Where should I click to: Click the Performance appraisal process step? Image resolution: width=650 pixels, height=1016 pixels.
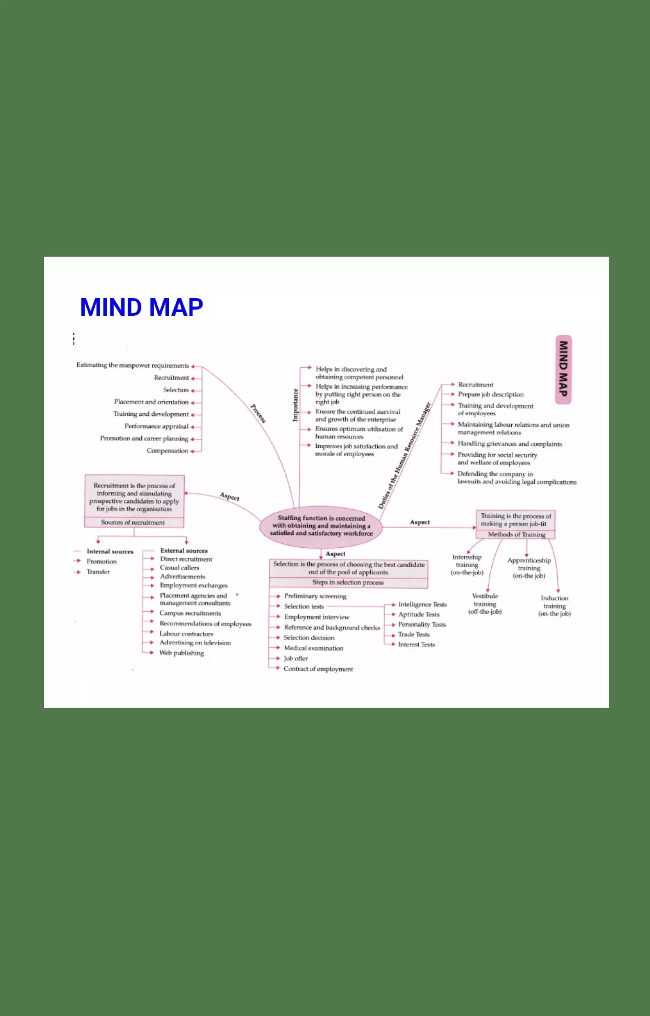point(156,426)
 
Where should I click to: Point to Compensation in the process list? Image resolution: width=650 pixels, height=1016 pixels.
point(167,451)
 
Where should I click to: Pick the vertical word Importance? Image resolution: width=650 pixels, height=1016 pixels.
point(295,405)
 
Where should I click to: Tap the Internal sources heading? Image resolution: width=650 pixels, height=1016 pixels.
point(110,552)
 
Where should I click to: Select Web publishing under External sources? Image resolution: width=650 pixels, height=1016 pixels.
point(182,653)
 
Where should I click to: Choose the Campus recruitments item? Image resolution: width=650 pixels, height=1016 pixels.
point(190,613)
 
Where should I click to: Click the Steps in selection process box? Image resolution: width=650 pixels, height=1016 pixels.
point(348,583)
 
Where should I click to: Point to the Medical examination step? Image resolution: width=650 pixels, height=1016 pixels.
point(313,648)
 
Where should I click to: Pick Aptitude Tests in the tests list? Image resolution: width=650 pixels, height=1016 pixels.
point(419,615)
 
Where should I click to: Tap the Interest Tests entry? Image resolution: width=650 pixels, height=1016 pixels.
point(416,645)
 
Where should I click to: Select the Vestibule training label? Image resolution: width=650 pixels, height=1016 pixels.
point(485,604)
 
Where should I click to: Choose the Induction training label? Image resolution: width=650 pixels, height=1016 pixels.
point(554,606)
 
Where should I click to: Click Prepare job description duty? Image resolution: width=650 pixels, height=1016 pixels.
point(490,395)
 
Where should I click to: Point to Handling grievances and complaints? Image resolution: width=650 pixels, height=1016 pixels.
point(509,444)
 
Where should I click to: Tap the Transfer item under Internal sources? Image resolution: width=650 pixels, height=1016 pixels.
point(98,572)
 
